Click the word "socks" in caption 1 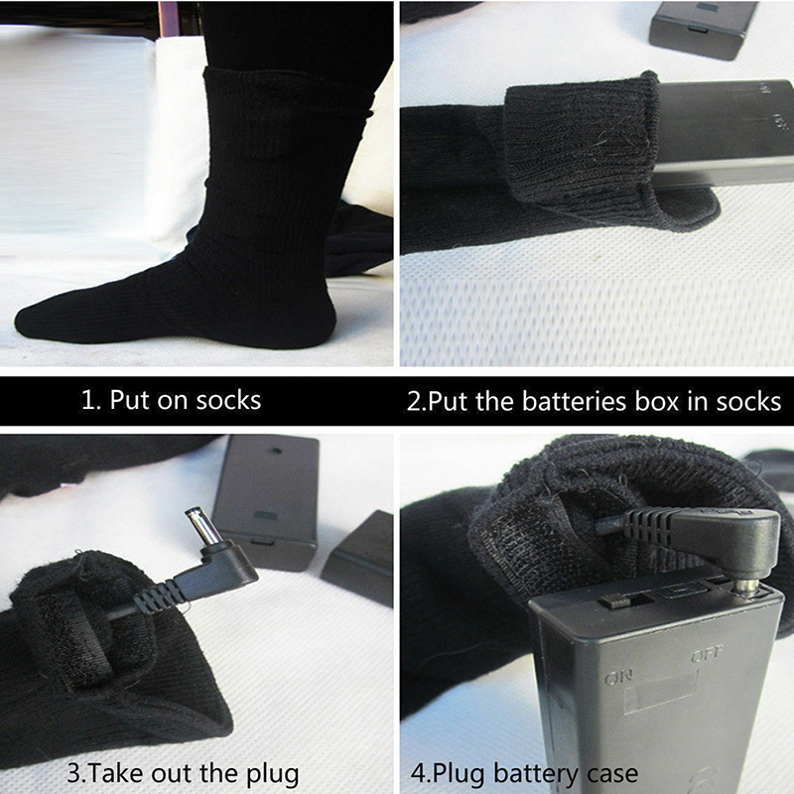pos(228,401)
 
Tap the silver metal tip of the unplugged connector pos(199,526)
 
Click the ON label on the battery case pos(617,677)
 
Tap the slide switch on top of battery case pos(613,602)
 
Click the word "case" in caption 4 pos(612,774)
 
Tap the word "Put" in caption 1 pos(130,400)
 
